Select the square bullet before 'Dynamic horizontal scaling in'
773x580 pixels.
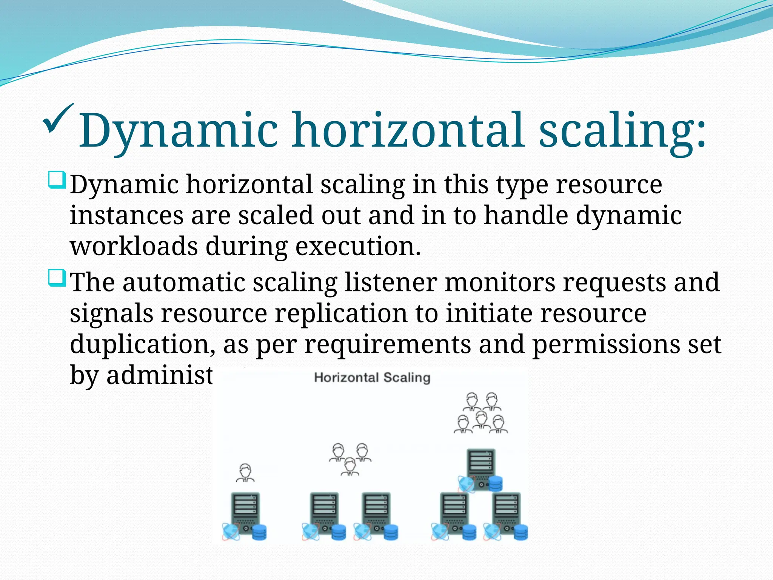[57, 180]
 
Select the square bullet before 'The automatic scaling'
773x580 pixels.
[57, 278]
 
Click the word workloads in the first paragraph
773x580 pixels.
[134, 246]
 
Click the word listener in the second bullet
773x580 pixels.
[391, 282]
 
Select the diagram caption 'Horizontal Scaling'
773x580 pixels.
[372, 378]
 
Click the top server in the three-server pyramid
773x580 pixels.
[480, 468]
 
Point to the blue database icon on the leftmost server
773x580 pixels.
[259, 532]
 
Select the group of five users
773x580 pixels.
[480, 413]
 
